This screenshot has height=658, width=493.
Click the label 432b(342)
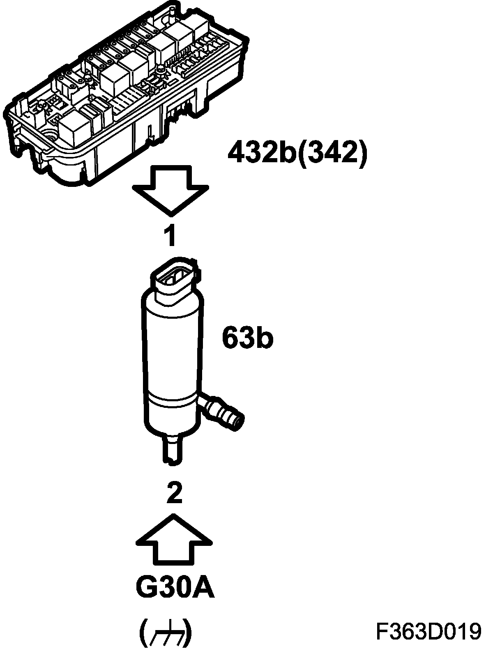(x=297, y=155)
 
